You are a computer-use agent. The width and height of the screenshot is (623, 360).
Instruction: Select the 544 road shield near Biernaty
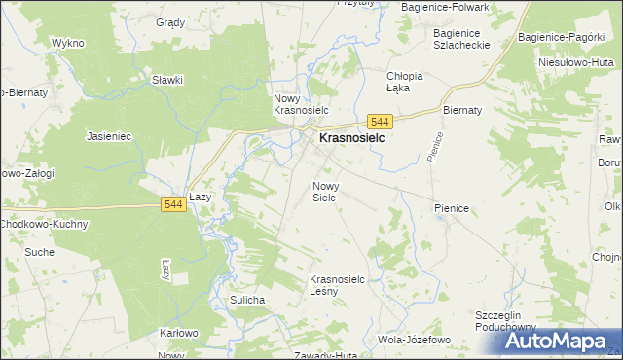coord(381,121)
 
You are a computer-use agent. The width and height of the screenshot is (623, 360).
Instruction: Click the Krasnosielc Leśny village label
coord(337,285)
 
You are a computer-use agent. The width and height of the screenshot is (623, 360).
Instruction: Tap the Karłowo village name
coord(179,333)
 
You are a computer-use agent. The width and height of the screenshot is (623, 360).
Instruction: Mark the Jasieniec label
coord(109,137)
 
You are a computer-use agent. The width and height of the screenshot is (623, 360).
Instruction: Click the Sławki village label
coord(167,80)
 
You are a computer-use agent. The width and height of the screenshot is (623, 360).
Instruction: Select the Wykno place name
coord(68,44)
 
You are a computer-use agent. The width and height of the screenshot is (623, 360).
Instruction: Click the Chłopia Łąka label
coord(405,82)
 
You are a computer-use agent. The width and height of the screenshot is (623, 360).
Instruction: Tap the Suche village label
coord(40,252)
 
